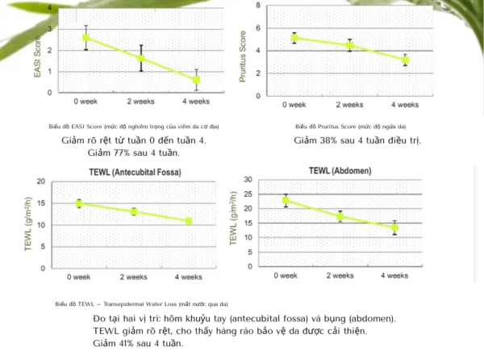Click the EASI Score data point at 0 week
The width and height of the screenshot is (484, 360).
[86, 38]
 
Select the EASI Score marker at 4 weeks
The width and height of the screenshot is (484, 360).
[196, 80]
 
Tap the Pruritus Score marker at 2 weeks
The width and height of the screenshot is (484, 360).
[350, 45]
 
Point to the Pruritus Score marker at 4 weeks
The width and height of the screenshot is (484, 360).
[405, 60]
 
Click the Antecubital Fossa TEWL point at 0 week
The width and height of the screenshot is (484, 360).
[78, 203]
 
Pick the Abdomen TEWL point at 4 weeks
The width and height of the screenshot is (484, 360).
[394, 228]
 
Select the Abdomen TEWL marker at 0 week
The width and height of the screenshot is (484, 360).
[285, 201]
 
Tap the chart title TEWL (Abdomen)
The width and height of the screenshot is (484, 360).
[340, 171]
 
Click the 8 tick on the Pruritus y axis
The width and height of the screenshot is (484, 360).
[257, 6]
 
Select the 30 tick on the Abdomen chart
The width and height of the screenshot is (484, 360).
[248, 180]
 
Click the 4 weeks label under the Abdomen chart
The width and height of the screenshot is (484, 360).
[394, 275]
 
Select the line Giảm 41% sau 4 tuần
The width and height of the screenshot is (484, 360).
[138, 342]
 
